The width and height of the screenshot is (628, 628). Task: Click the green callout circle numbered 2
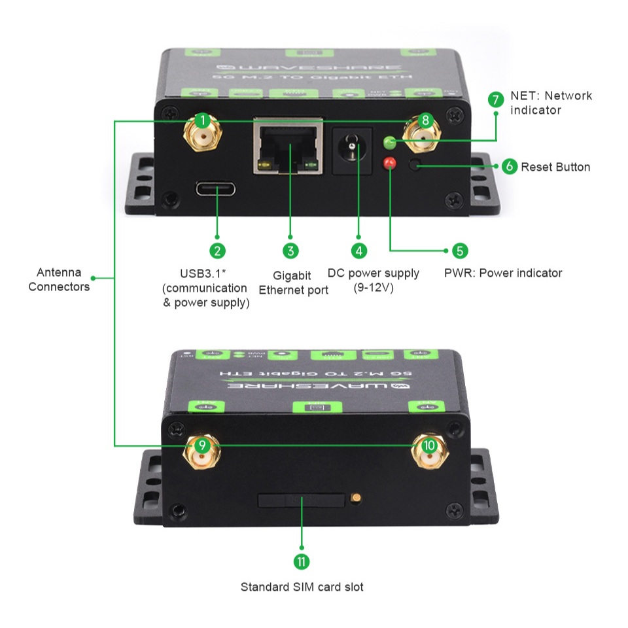tap(217, 250)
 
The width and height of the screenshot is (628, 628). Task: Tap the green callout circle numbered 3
tap(291, 250)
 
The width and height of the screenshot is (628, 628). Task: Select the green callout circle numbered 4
tap(358, 250)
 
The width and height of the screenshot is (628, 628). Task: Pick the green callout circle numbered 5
tap(459, 250)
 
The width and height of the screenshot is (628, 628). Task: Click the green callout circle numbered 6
tap(510, 166)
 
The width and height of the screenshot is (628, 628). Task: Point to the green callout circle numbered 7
tap(497, 99)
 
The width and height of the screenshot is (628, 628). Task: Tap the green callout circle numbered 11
tap(302, 561)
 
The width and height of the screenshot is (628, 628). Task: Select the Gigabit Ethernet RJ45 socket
tap(288, 150)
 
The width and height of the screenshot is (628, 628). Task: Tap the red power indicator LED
tap(391, 162)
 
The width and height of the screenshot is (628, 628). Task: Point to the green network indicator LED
tap(390, 141)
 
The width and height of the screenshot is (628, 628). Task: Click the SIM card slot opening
tap(302, 500)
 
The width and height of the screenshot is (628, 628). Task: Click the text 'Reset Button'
tap(555, 167)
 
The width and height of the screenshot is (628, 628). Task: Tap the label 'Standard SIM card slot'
tap(302, 587)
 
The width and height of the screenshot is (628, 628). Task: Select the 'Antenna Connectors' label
tap(59, 279)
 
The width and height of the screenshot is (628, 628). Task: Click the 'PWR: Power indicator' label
tap(503, 273)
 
